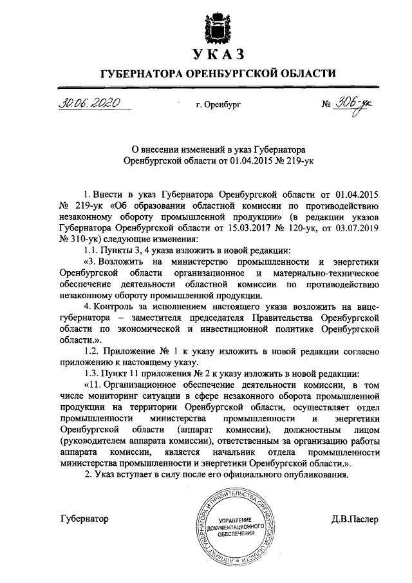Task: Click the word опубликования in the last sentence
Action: pos(312,475)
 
